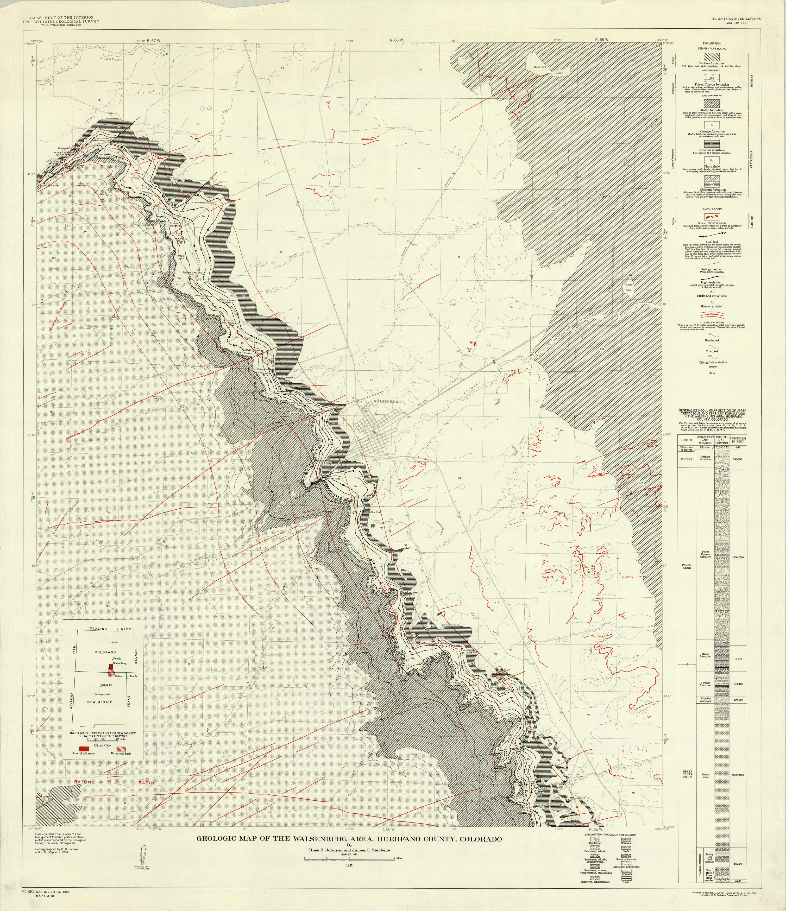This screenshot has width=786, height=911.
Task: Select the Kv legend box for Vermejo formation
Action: click(x=711, y=125)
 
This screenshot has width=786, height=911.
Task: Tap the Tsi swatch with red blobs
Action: click(x=711, y=217)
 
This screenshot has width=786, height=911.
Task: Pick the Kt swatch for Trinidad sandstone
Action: click(x=711, y=144)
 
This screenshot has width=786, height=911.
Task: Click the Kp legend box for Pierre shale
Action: click(x=711, y=161)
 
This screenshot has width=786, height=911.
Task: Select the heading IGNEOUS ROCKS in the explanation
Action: click(x=711, y=209)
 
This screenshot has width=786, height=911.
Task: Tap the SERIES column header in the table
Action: click(x=686, y=440)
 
